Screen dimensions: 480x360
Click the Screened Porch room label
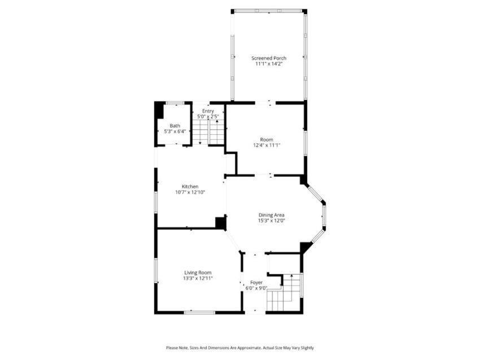point(269,58)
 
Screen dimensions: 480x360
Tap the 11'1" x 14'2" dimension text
point(269,64)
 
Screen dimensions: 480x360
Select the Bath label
point(175,126)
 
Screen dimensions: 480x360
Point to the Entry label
point(208,111)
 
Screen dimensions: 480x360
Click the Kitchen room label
point(190,186)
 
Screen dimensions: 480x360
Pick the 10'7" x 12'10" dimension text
point(190,192)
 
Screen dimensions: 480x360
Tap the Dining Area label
point(271,215)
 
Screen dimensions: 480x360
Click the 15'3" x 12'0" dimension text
point(271,221)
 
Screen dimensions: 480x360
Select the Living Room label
point(198,273)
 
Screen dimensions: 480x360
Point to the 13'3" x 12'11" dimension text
point(198,278)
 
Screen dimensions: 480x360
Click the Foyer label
point(256,282)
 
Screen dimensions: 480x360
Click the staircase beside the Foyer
point(284,292)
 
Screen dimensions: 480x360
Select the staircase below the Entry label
point(208,132)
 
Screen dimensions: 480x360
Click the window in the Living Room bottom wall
point(199,312)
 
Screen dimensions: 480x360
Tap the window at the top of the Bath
point(175,103)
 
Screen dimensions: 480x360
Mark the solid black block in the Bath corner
point(159,111)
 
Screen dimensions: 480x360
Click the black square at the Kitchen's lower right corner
point(220,223)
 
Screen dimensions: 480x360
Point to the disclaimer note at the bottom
point(240,348)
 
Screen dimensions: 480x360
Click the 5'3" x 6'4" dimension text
point(175,131)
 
